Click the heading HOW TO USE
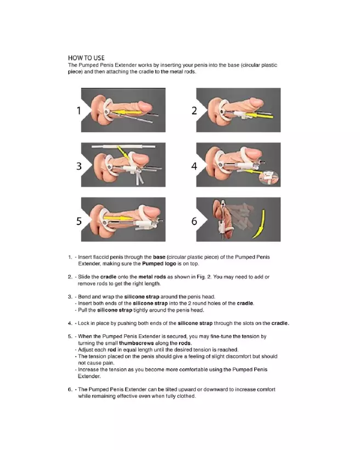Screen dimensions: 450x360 point(86,58)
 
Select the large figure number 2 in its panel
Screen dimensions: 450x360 point(194,110)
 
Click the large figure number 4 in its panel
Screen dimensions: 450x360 point(194,166)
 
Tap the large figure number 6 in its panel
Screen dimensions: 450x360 point(194,221)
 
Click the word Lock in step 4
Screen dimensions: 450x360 point(86,323)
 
